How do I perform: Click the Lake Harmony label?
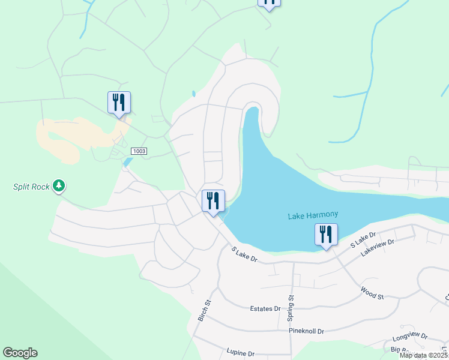tap(313, 215)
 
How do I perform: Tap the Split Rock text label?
tap(32, 187)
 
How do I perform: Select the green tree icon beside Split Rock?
tap(59, 186)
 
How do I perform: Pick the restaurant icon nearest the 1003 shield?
tap(119, 103)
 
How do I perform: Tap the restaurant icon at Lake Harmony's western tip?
tap(212, 201)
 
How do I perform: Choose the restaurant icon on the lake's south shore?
tap(326, 235)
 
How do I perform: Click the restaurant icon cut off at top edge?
tap(269, 3)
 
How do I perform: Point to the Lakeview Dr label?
tap(378, 248)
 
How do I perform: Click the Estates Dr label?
tap(265, 309)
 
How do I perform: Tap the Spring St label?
tap(291, 306)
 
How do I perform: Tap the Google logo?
tap(20, 353)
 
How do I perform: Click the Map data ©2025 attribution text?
tap(423, 355)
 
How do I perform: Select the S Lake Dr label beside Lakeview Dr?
tap(363, 239)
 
